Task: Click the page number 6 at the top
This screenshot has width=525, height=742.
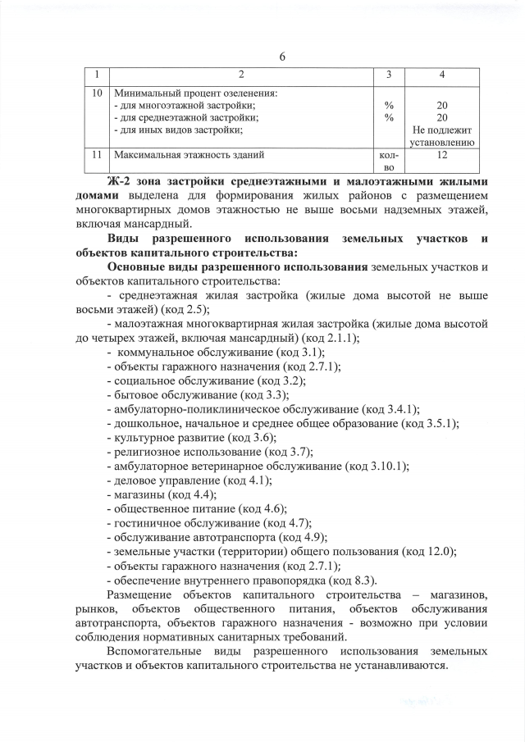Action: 282,57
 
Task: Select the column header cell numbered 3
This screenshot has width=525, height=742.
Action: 388,75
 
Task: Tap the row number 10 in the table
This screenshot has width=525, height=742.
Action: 97,93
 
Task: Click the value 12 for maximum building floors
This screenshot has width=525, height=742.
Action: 442,153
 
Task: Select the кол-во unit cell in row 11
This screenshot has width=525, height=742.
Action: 388,160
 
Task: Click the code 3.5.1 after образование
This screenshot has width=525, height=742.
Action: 441,423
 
